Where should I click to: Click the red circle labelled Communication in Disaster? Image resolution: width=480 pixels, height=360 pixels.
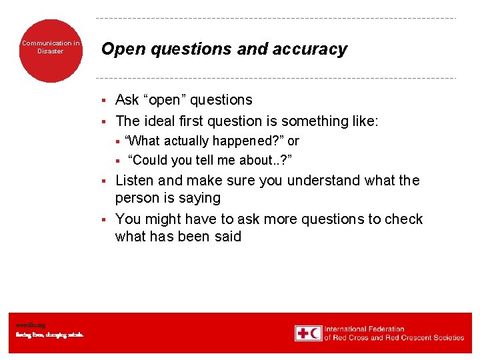[51, 50]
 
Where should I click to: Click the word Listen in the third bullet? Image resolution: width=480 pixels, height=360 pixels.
[135, 181]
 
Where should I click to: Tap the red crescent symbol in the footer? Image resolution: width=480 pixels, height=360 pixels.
[315, 333]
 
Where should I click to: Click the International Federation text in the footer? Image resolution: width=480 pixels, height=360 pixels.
[364, 329]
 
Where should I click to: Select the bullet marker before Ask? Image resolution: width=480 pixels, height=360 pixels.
[104, 101]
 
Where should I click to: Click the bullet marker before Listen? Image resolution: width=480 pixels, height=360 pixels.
[104, 181]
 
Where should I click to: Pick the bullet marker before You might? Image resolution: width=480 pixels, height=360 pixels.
[104, 220]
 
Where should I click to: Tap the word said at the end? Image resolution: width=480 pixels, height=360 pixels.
[226, 237]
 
